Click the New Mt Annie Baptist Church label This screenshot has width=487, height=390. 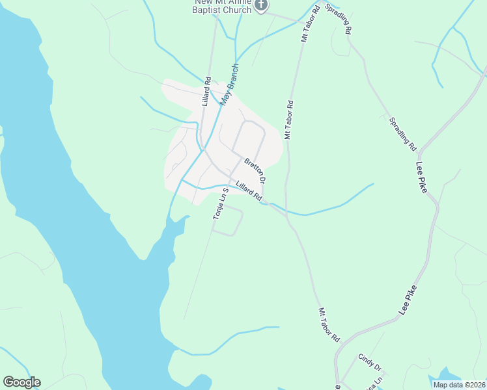tap(221, 6)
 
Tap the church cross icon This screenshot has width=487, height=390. tap(261, 5)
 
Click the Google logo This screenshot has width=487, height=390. tap(21, 382)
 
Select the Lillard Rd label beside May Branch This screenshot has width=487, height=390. tap(206, 92)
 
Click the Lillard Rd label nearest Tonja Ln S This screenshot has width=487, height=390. tap(249, 190)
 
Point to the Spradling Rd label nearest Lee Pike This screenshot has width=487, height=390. tap(402, 133)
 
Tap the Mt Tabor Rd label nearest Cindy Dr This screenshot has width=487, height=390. tap(329, 324)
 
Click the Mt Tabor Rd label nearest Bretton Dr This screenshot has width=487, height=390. tap(289, 120)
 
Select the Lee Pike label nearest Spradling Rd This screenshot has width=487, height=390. tap(426, 179)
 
